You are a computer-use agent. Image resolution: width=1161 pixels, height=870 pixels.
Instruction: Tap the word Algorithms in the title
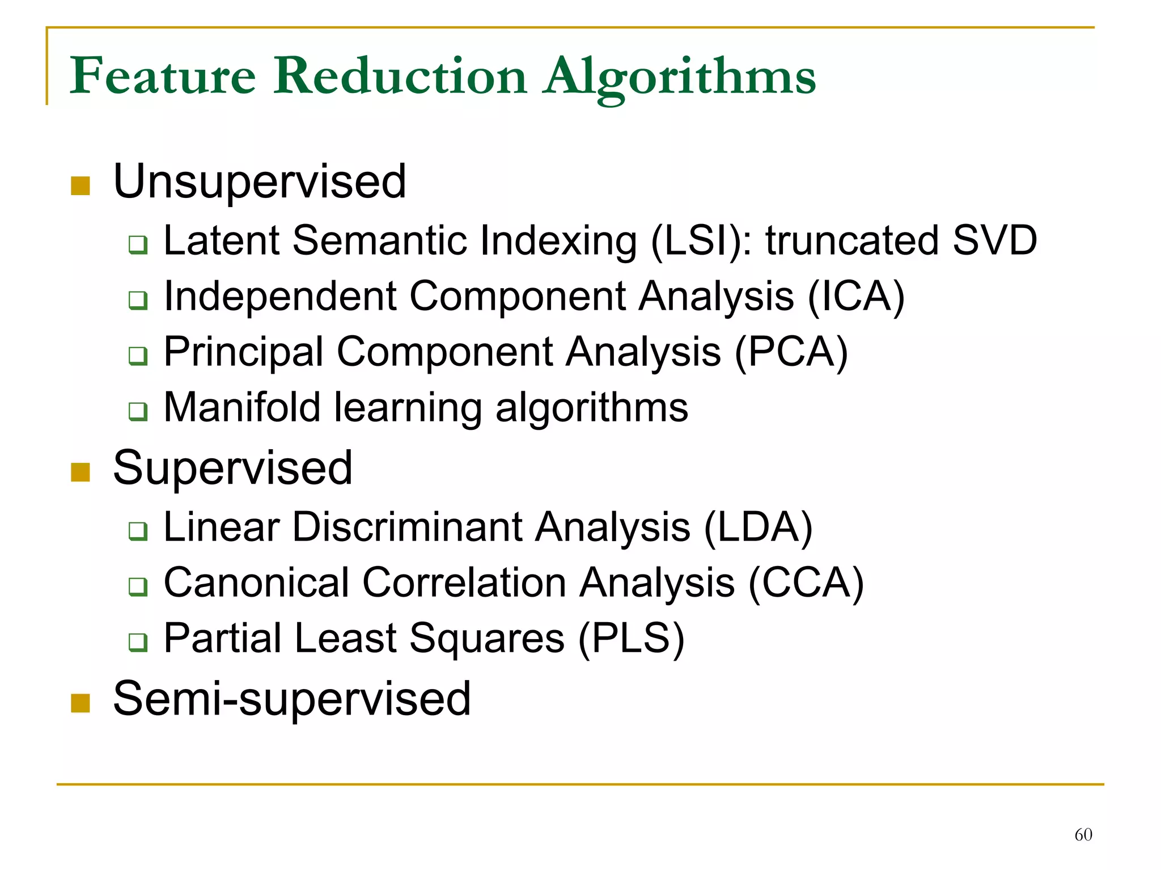679,77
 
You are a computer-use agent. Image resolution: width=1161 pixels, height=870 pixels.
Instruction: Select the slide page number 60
1083,834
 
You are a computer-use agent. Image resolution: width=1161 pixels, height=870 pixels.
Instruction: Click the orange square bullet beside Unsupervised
80,185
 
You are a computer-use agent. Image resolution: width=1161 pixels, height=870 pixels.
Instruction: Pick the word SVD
994,240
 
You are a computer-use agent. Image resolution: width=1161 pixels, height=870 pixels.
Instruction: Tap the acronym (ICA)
855,296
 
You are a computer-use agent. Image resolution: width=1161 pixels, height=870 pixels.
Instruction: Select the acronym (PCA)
791,352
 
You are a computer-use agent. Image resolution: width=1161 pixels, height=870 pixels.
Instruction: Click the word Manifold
242,407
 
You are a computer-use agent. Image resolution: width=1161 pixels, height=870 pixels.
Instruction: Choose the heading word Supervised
232,468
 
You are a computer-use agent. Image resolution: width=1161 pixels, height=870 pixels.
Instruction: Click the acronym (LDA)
758,527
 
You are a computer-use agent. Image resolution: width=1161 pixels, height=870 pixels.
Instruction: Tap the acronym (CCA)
806,582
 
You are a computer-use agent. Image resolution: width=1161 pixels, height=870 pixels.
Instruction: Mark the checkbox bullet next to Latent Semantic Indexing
138,244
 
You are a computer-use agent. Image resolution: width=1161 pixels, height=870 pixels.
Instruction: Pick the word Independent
280,296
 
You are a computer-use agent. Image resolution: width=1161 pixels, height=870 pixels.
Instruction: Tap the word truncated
852,240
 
